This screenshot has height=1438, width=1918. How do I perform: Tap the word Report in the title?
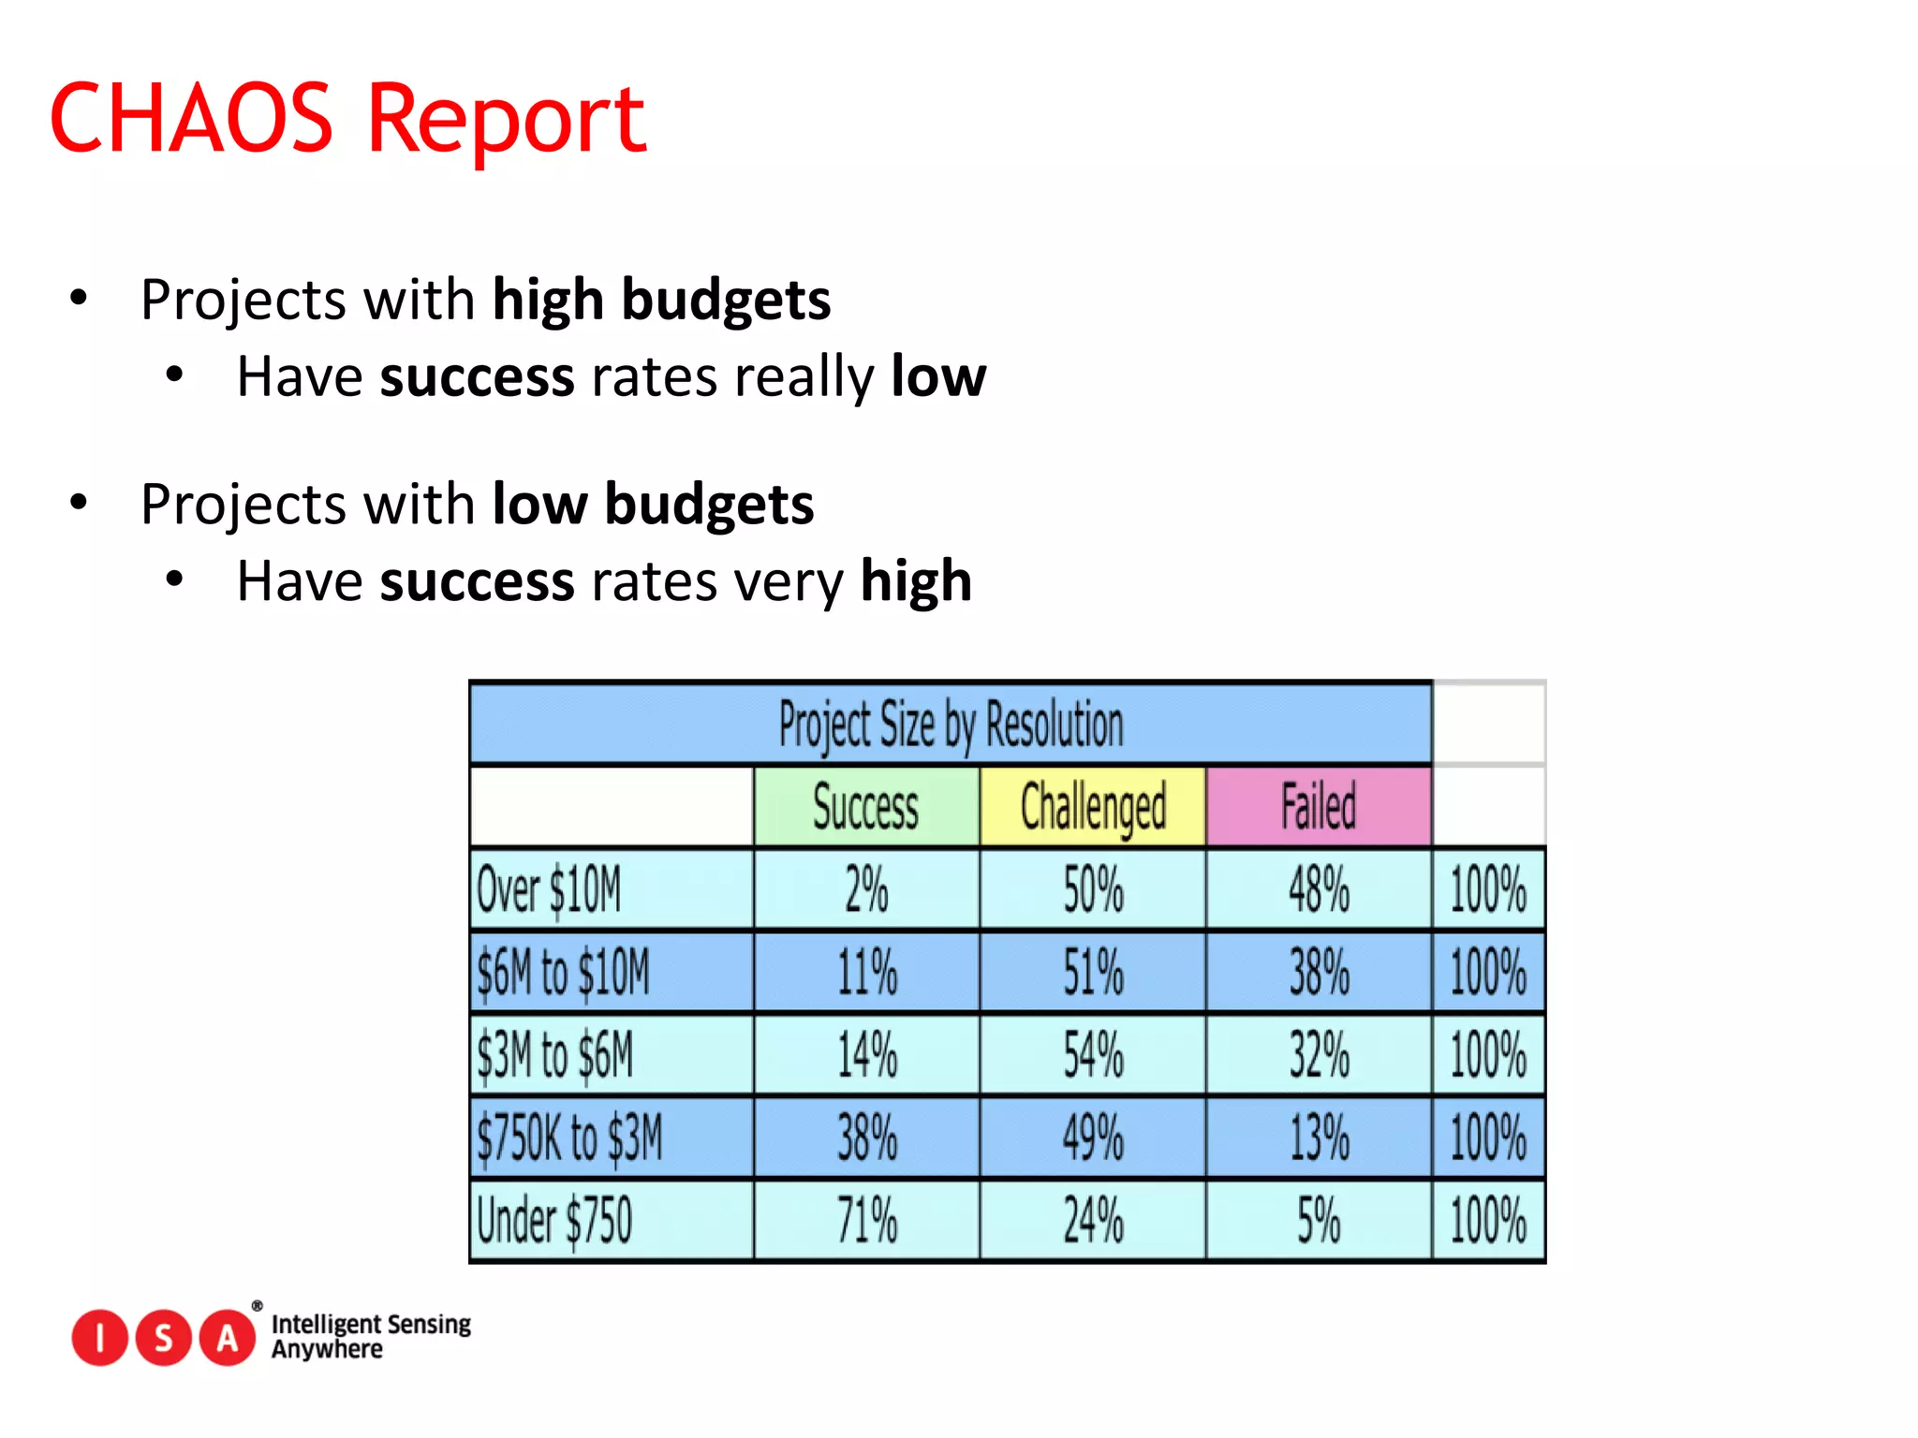pos(506,120)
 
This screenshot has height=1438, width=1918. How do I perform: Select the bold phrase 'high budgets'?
pos(661,300)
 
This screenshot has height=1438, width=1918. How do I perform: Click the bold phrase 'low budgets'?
pos(653,504)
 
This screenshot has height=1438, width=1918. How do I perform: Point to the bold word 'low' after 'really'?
pos(938,376)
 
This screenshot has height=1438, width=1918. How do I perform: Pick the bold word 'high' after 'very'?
pos(916,580)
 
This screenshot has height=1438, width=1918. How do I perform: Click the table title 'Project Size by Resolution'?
pos(951,725)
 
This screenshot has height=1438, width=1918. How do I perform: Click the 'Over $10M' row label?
pos(549,889)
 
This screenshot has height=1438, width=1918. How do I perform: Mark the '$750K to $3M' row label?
pos(569,1138)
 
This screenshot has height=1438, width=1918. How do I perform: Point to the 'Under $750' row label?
pos(554,1221)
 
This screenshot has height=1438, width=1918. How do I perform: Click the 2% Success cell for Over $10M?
pos(866,889)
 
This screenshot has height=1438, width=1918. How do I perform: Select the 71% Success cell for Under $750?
pos(866,1221)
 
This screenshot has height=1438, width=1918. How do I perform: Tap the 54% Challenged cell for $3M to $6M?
pos(1093,1055)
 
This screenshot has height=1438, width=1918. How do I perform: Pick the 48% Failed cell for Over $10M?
pos(1319,889)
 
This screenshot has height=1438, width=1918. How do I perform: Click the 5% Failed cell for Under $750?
pos(1319,1221)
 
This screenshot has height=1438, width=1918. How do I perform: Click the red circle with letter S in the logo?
pos(164,1338)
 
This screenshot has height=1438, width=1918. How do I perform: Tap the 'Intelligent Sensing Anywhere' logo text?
pos(371,1336)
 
